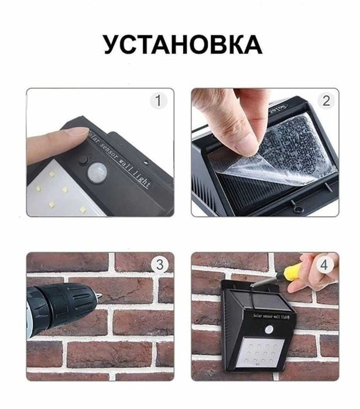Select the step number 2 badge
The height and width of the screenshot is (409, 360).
tap(325, 101)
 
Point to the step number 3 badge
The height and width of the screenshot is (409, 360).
tap(158, 264)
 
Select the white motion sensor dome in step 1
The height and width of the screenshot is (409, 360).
tap(97, 171)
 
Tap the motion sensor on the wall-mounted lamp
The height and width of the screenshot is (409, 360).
tap(269, 329)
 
